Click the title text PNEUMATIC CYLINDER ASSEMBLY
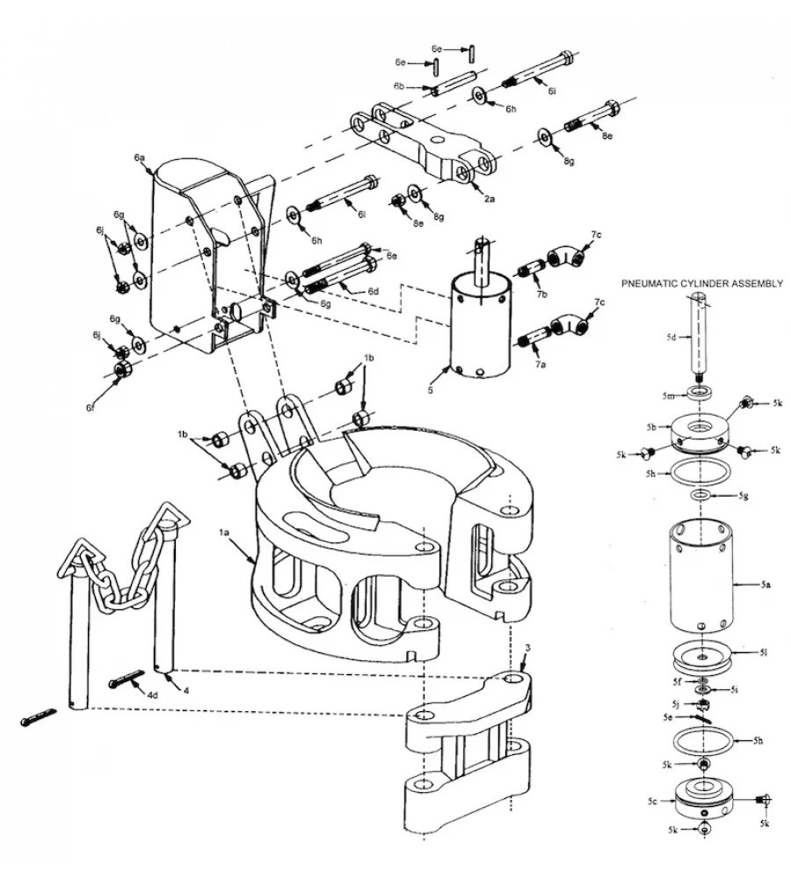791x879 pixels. point(701,284)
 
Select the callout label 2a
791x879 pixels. point(490,199)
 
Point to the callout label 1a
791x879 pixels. point(223,534)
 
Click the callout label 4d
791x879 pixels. point(152,695)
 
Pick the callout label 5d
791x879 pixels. point(671,337)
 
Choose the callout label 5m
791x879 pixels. point(668,395)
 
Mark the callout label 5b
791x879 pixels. point(652,427)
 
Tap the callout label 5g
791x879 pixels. point(744,496)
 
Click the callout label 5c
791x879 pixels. point(652,801)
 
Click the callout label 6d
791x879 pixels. point(373,291)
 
